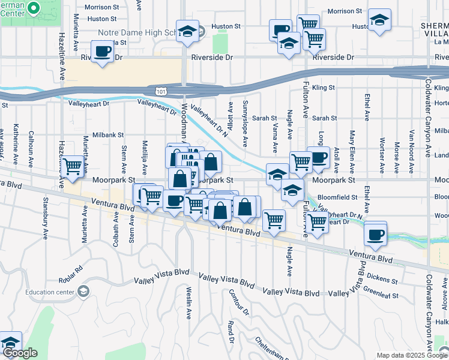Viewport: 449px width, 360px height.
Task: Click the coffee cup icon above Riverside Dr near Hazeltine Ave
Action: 103,51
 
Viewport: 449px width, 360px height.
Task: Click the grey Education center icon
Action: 84,292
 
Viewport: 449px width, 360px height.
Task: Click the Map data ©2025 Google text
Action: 412,355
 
